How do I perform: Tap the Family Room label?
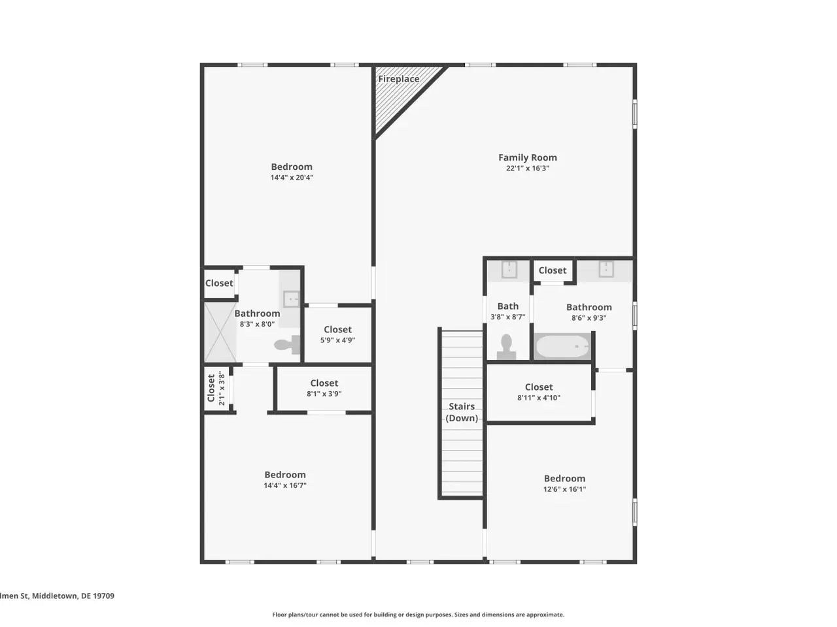(x=527, y=157)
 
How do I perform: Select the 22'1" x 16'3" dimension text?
(x=527, y=169)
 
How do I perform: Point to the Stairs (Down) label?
(x=462, y=412)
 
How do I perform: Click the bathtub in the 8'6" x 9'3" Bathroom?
(x=562, y=346)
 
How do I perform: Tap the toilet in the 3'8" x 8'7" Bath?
(x=506, y=347)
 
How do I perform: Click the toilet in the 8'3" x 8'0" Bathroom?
(x=287, y=345)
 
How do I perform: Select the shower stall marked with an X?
(x=220, y=332)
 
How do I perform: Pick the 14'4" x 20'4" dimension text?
(x=292, y=178)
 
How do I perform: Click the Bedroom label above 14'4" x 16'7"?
(x=285, y=475)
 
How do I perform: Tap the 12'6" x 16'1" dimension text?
(x=564, y=489)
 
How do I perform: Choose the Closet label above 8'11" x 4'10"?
(x=539, y=387)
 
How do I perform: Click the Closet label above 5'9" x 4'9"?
(x=337, y=330)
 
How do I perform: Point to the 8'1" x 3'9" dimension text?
(x=324, y=394)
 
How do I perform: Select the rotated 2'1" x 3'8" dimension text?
(x=222, y=389)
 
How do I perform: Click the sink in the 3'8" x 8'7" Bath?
(x=509, y=270)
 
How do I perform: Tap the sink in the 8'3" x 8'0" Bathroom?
(x=292, y=299)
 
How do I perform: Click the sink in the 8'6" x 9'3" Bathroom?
(x=606, y=269)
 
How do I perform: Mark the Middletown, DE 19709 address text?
(x=73, y=596)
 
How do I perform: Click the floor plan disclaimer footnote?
(x=418, y=615)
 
